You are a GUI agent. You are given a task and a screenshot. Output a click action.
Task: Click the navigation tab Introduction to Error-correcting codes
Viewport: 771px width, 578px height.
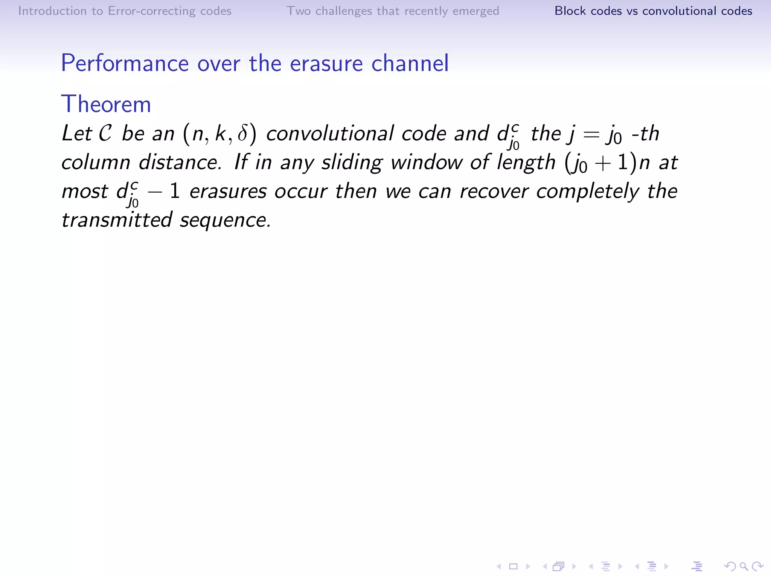[x=125, y=11]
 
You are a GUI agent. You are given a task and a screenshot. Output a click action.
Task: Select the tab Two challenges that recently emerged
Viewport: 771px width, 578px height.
[x=393, y=11]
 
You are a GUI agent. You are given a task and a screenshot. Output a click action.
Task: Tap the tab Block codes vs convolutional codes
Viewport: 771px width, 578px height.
[x=653, y=11]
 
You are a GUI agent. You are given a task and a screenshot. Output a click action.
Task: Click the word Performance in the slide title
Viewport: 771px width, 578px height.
[x=125, y=63]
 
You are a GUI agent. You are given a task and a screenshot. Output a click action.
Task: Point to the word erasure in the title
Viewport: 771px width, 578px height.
[x=326, y=63]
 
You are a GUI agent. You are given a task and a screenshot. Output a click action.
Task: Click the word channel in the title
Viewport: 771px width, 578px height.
[x=410, y=63]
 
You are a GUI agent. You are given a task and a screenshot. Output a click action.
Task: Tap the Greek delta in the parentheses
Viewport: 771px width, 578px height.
[x=243, y=134]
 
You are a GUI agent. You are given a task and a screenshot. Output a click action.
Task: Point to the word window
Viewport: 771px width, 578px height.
[x=426, y=163]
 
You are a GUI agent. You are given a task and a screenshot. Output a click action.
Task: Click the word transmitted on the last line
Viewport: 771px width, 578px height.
[x=117, y=220]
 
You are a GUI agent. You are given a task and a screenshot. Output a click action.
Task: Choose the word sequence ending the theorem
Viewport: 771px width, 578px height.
[x=225, y=221]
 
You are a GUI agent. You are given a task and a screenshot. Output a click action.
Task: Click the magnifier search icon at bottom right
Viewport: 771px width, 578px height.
[x=744, y=566]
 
